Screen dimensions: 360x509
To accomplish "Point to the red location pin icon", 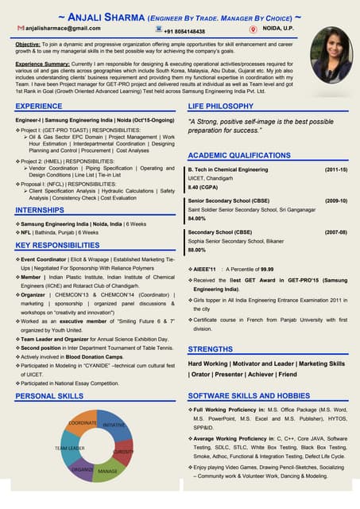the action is click(x=253, y=29).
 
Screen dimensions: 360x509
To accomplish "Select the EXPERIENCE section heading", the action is click(x=39, y=106).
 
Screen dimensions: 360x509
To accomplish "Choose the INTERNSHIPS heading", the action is click(x=40, y=210).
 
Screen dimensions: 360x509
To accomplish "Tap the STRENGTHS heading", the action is click(x=211, y=348).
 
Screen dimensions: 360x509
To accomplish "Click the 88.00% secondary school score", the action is click(x=197, y=250).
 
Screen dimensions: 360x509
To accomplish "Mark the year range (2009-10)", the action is click(x=335, y=201).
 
